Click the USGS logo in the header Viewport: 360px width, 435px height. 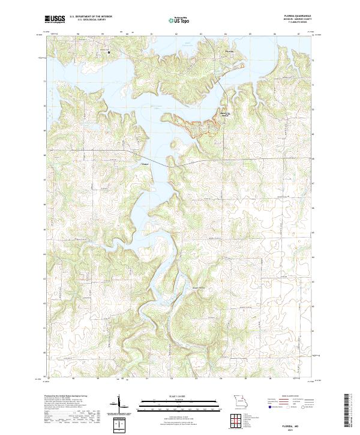pyautogui.click(x=55, y=19)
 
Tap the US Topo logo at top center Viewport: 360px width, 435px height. pyautogui.click(x=178, y=20)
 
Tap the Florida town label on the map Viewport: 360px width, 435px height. pyautogui.click(x=228, y=52)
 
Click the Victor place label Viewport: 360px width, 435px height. pyautogui.click(x=144, y=164)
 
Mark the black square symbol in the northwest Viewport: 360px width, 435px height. pyautogui.click(x=109, y=53)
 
